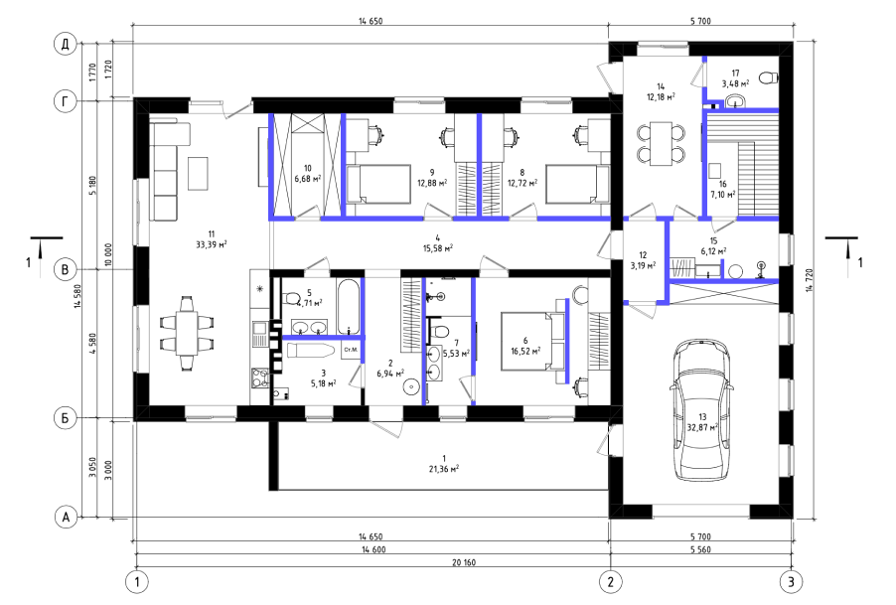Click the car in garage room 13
701,410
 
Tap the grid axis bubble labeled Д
66,44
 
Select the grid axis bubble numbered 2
610,582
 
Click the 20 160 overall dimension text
464,562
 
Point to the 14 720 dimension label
810,280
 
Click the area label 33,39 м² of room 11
212,244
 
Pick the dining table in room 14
662,143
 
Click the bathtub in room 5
348,306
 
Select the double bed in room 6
533,341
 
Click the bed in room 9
378,184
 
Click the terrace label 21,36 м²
443,469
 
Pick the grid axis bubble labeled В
66,269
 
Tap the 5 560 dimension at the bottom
700,550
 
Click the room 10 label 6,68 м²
307,179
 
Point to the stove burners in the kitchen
260,378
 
